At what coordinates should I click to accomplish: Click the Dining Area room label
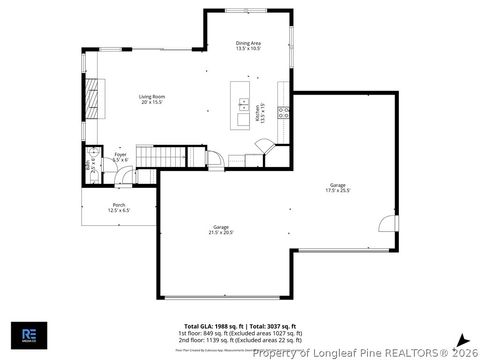(248, 46)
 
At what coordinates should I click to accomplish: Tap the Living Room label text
(151, 99)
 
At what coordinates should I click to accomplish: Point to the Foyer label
(120, 158)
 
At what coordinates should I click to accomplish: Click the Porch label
(119, 207)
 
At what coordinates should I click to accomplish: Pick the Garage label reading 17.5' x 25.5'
(337, 187)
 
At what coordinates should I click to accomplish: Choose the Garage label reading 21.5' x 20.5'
(220, 230)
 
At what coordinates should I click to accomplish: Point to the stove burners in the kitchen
(283, 112)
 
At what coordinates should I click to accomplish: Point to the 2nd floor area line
(240, 340)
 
